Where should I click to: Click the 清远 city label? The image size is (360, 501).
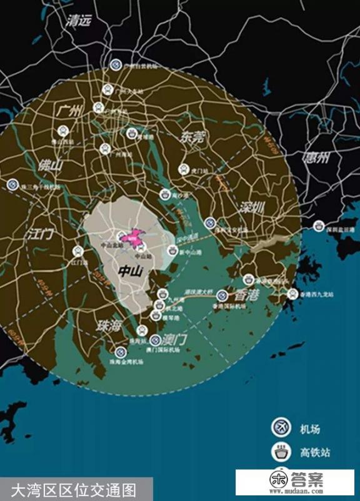click(x=79, y=21)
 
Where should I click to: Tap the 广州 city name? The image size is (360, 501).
click(x=69, y=113)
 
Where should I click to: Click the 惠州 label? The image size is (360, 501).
click(x=316, y=158)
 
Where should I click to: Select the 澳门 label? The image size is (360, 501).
click(x=176, y=340)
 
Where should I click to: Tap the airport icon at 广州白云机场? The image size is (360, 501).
click(x=116, y=64)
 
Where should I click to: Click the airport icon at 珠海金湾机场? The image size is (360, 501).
click(x=119, y=352)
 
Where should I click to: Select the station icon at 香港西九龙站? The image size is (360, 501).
click(x=292, y=293)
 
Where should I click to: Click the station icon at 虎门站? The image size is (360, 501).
click(x=184, y=168)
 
